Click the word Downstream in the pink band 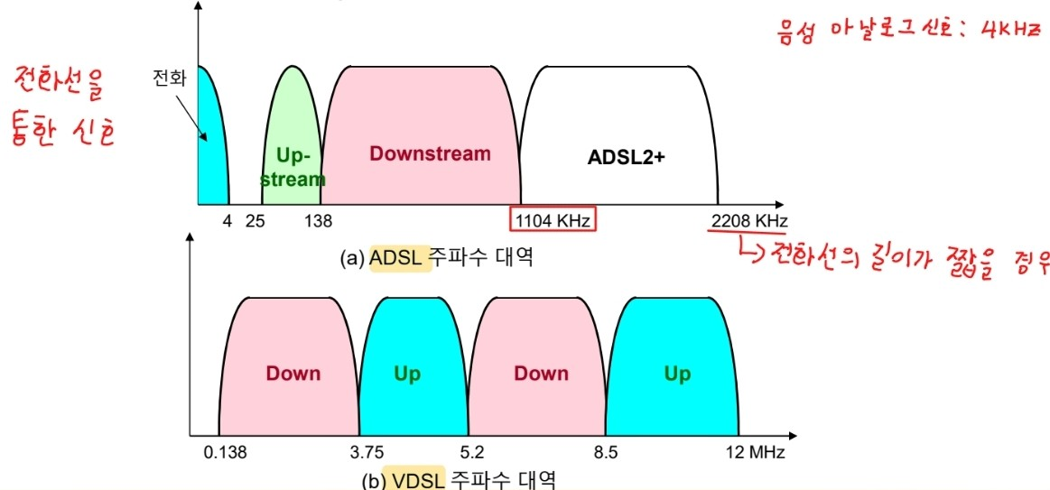(x=430, y=153)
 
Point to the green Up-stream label (x=293, y=168)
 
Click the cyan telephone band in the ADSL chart (x=211, y=153)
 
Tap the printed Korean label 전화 (x=169, y=79)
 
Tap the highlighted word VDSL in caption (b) (x=417, y=480)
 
